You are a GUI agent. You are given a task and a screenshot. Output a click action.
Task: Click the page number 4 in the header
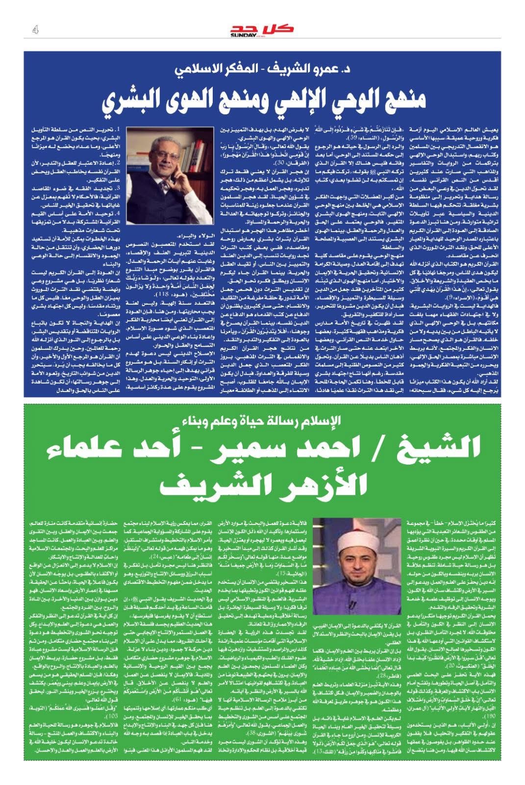pos(35,30)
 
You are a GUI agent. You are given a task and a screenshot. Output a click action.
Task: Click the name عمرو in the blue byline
pos(314,69)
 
